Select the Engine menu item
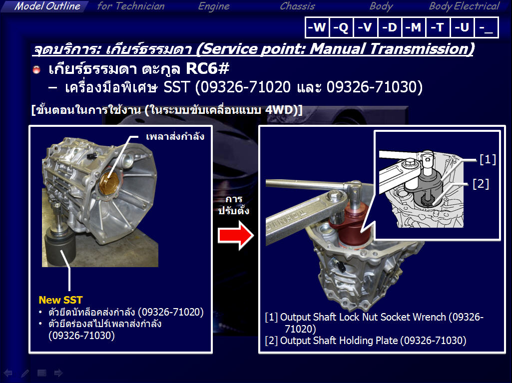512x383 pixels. click(x=214, y=6)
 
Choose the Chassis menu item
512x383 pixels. click(x=298, y=6)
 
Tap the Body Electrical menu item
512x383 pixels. click(x=464, y=6)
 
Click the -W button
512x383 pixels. click(x=317, y=27)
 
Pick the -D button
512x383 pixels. click(x=390, y=27)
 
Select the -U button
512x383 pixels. click(x=462, y=27)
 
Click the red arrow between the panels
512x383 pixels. click(x=236, y=235)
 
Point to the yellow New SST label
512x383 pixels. click(x=60, y=300)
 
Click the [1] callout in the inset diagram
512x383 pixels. click(x=488, y=159)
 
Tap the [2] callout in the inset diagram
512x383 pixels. click(x=481, y=184)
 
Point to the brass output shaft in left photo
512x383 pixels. click(x=109, y=183)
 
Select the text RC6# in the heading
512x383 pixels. click(x=208, y=68)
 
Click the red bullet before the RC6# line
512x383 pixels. click(x=36, y=69)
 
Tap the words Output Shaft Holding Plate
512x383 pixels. click(x=339, y=341)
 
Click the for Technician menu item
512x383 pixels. click(x=130, y=6)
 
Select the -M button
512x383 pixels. click(x=414, y=27)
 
